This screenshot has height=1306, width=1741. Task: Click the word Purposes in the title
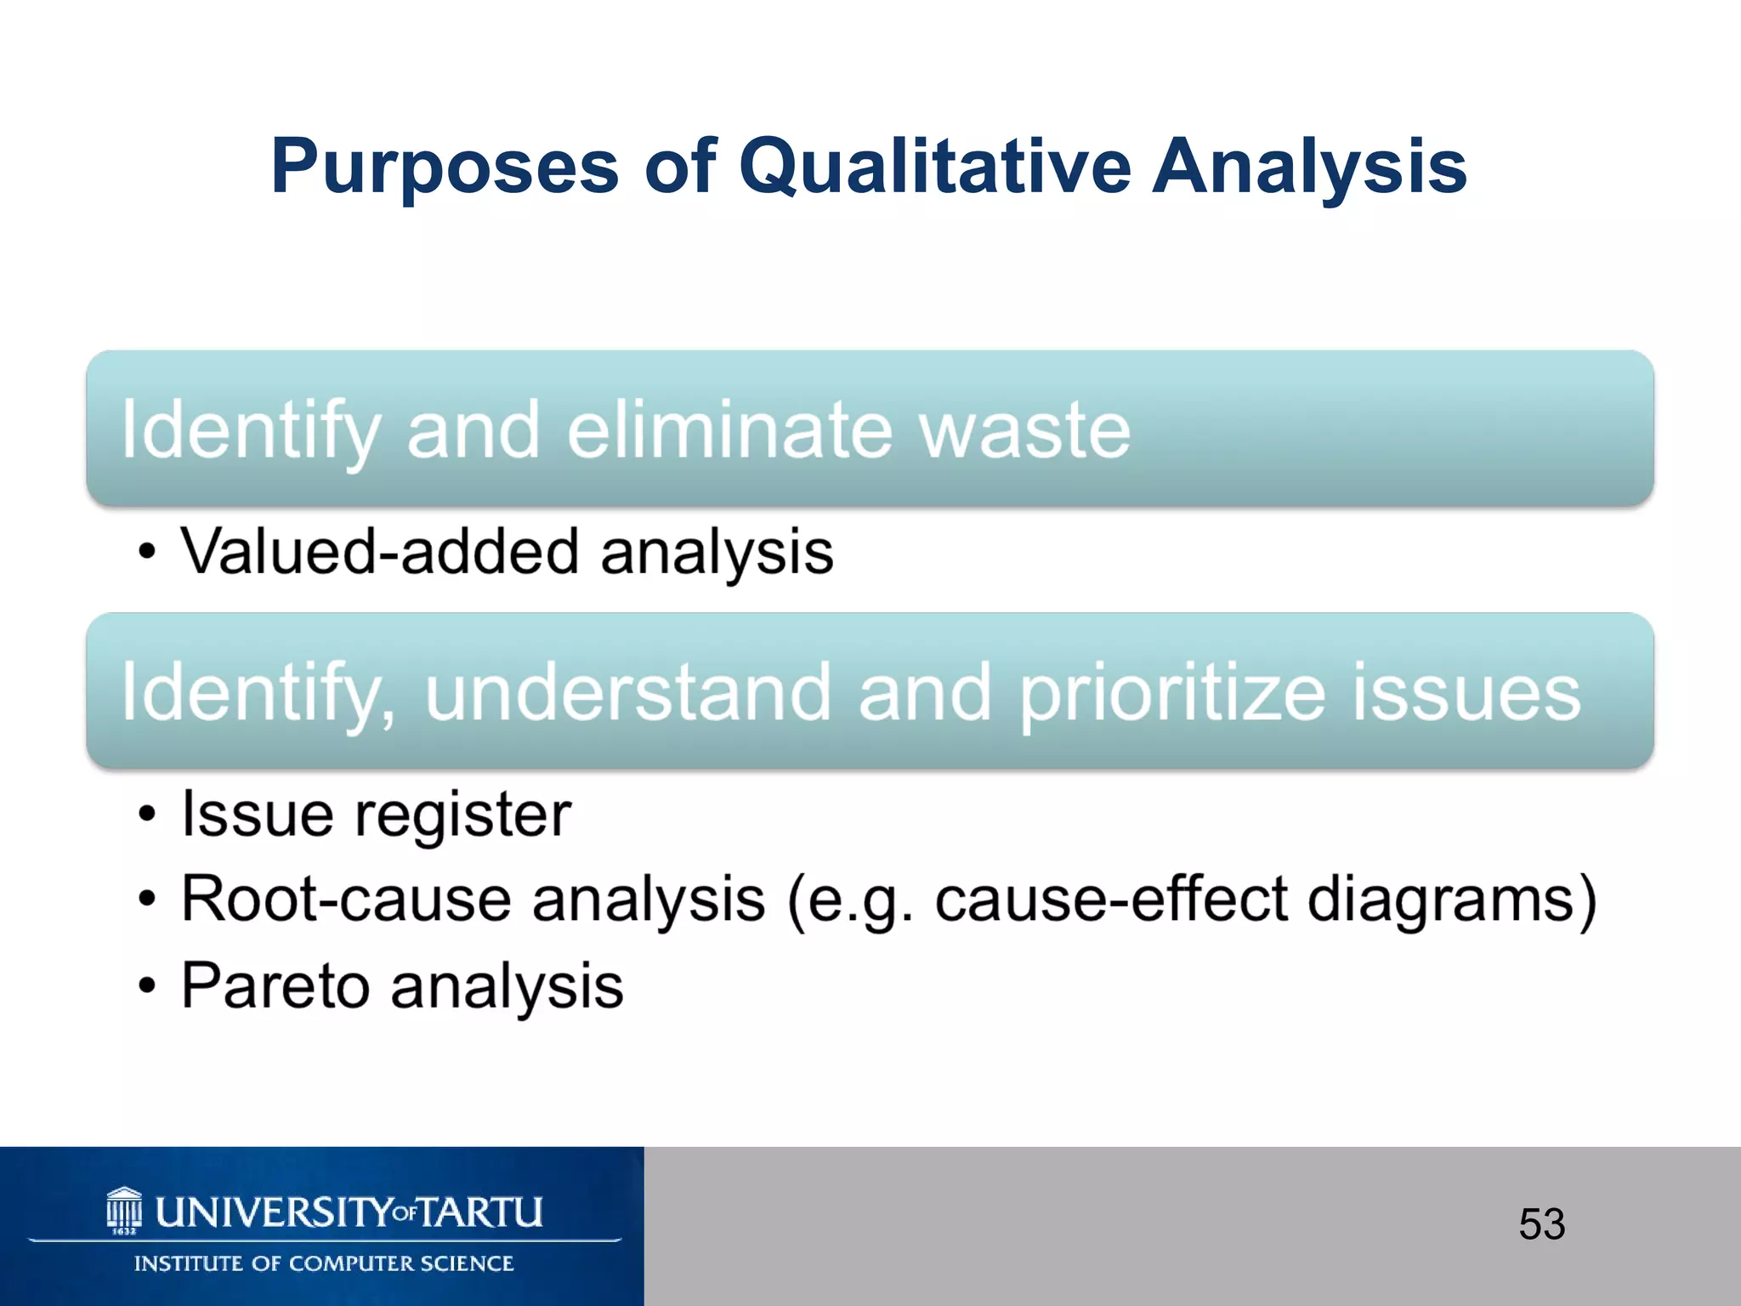(445, 168)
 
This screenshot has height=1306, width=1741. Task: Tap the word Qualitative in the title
(934, 168)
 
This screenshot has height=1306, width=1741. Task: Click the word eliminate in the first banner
(729, 431)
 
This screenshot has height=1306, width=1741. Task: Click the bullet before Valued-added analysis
(148, 553)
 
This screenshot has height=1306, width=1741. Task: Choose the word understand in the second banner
(627, 693)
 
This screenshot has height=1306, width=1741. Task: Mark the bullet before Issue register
(148, 815)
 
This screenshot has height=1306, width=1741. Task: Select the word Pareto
(275, 986)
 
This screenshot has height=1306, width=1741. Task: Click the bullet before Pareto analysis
(148, 986)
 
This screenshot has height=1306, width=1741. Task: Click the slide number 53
(1541, 1225)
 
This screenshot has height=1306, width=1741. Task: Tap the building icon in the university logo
(124, 1210)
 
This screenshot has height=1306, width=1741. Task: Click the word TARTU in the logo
(480, 1212)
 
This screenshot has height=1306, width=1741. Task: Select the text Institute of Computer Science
(324, 1264)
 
